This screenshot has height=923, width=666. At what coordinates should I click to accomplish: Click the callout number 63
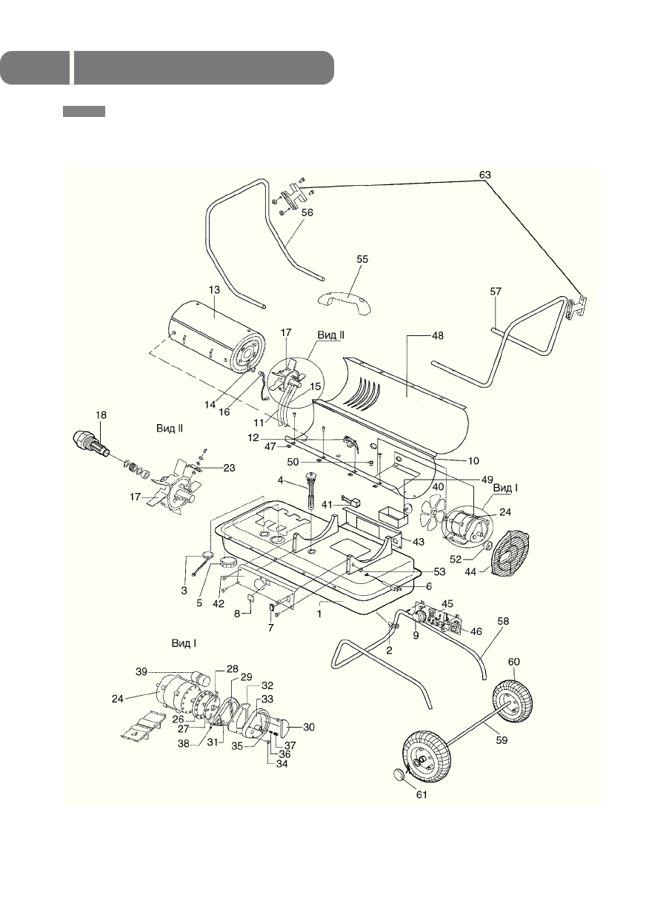coord(484,175)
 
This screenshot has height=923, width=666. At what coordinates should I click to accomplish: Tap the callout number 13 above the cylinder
coord(213,290)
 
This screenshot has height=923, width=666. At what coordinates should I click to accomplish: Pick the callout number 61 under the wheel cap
coord(420,795)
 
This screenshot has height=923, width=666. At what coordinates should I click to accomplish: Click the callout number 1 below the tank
coord(320,613)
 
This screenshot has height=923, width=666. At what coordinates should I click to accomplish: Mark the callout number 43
coord(419,543)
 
